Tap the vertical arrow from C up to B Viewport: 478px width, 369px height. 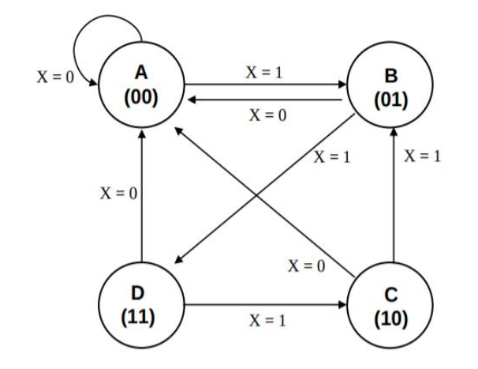pos(392,198)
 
